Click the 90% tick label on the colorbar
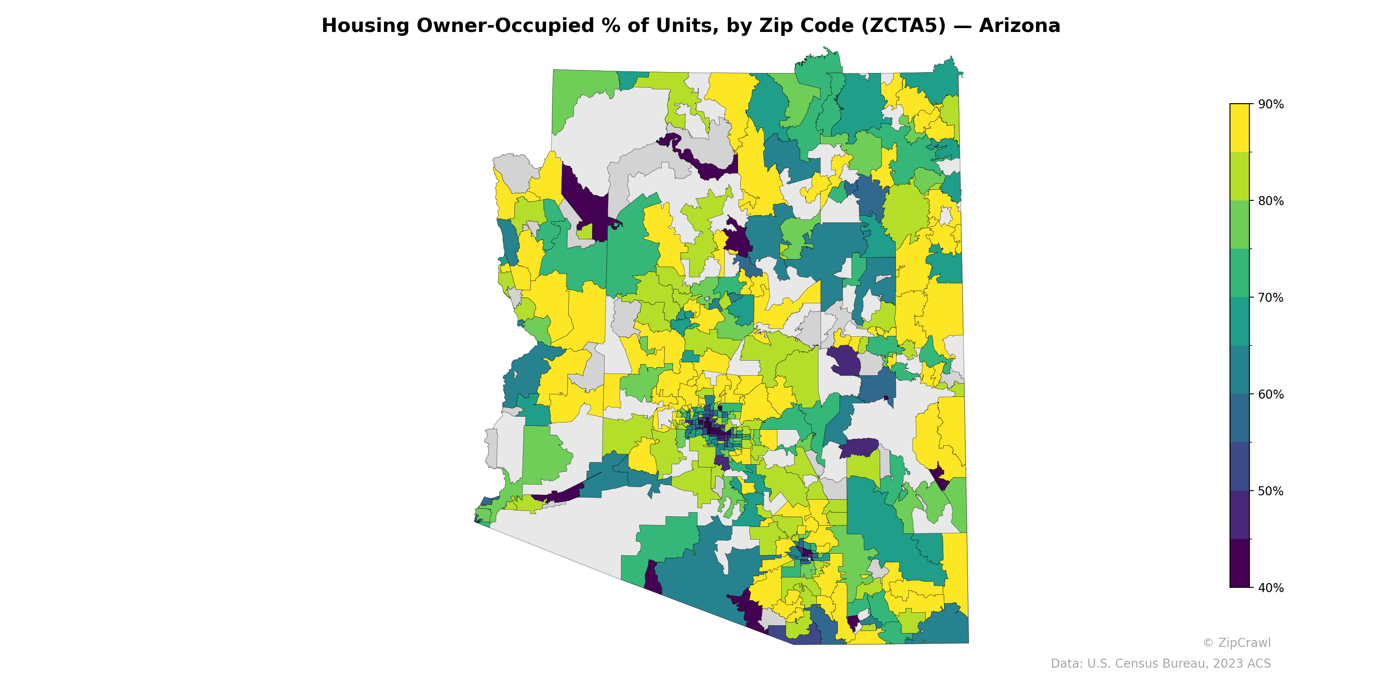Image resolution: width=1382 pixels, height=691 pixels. point(1271,105)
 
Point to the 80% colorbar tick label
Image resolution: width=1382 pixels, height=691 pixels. point(1271,201)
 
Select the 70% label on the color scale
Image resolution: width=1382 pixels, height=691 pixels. point(1271,298)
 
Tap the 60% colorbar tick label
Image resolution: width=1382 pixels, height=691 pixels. point(1271,394)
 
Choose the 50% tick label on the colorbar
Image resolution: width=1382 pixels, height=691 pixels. point(1271,491)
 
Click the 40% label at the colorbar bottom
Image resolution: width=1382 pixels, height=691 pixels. point(1271,588)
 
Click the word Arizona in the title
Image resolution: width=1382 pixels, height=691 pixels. point(1019,26)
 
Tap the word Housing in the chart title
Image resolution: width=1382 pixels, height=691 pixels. point(365,26)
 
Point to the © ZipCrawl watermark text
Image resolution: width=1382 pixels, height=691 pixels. point(1236,643)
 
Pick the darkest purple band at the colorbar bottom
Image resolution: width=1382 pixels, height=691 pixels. point(1239,563)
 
